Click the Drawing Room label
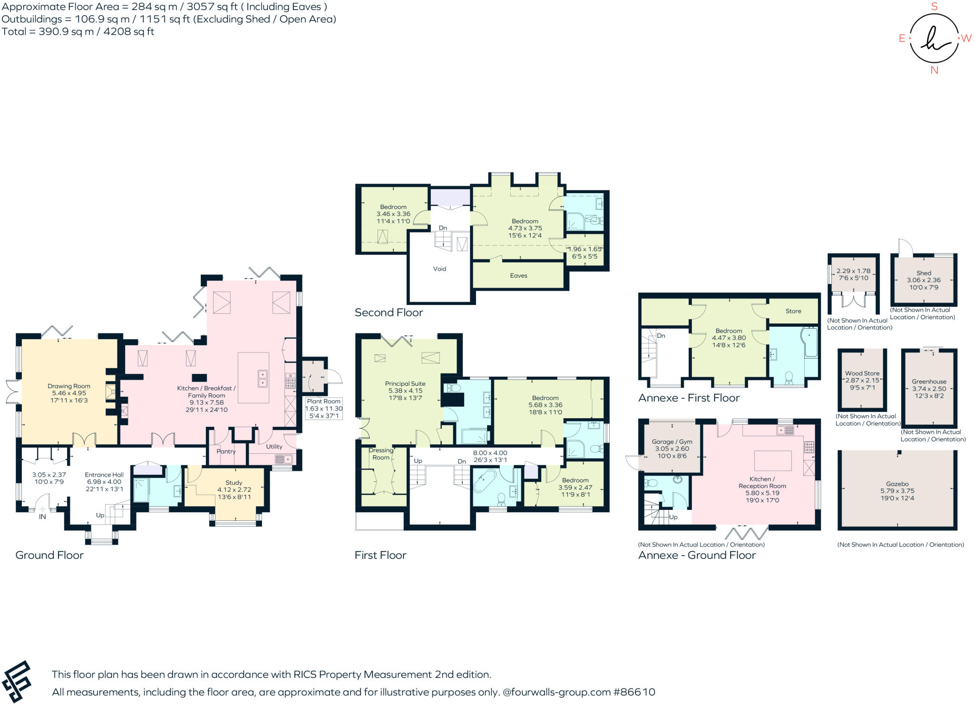point(69,386)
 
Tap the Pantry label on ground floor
point(226,451)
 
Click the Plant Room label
point(323,401)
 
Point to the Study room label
point(234,482)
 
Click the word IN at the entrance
point(42,517)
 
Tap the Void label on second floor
point(439,269)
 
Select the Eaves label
point(518,275)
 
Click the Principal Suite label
point(405,383)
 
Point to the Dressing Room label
point(381,454)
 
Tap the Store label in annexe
point(793,311)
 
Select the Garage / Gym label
point(672,441)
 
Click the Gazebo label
point(897,484)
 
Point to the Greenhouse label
point(929,381)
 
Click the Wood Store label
point(862,373)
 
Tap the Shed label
point(924,273)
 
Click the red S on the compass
point(934,7)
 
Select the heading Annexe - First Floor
point(689,398)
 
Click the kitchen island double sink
point(262,378)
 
